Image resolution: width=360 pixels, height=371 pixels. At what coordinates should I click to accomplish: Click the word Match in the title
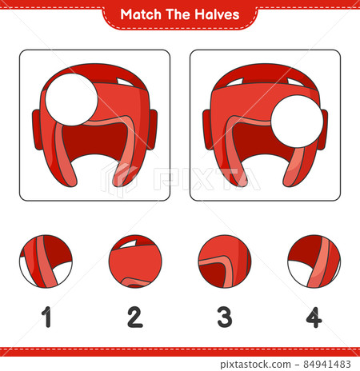(141, 14)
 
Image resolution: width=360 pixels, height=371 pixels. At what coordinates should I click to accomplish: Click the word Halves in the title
(217, 14)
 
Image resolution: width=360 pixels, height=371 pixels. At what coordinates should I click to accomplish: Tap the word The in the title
(178, 14)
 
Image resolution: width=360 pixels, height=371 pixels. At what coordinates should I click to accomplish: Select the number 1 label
(47, 317)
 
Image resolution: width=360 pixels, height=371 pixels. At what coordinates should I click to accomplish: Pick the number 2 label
(135, 317)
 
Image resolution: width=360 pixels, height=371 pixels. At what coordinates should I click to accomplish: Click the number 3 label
(225, 317)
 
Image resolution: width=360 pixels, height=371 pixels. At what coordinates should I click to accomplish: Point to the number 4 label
(314, 317)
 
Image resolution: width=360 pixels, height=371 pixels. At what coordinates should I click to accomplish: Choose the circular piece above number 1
(46, 261)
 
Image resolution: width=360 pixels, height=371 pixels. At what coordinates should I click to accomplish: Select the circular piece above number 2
(135, 261)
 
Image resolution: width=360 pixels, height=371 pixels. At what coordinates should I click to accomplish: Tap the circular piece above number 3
(225, 261)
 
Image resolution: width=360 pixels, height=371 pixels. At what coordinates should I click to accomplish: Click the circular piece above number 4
(314, 261)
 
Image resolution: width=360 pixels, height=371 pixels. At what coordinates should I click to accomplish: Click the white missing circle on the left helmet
(71, 99)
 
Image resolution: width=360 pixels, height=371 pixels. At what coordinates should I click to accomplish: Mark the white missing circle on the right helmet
(297, 122)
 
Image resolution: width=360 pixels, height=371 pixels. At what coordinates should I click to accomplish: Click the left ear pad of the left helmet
(37, 130)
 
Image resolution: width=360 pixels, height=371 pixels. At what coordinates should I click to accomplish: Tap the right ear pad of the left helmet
(152, 130)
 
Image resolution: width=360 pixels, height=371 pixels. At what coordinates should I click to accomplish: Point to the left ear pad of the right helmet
(207, 130)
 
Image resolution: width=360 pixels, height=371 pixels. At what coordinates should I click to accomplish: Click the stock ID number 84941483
(327, 364)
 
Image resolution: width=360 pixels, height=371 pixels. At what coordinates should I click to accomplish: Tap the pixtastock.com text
(255, 365)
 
